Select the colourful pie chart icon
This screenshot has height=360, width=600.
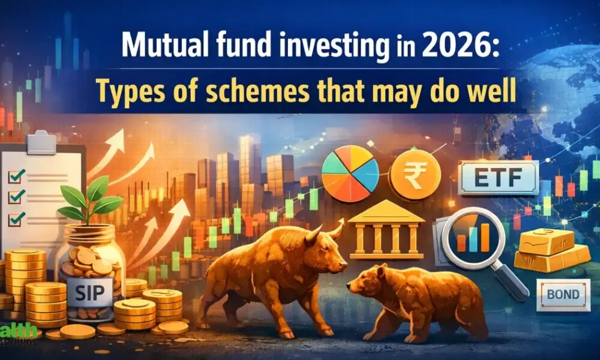(x=350, y=171)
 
